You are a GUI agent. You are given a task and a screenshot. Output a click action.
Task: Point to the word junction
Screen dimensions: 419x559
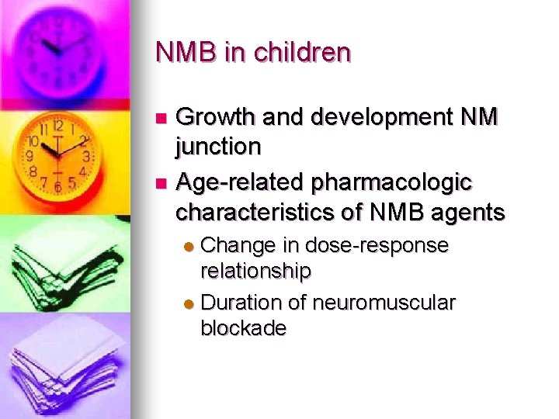tap(218, 146)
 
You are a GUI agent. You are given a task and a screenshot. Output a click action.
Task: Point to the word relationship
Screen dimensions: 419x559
tap(256, 271)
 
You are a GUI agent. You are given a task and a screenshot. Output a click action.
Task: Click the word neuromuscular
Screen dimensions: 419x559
tap(384, 303)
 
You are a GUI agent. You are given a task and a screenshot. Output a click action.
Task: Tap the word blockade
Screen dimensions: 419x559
tap(243, 328)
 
